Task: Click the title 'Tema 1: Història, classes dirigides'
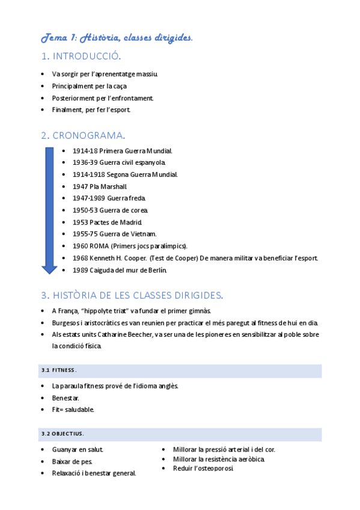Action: [117, 38]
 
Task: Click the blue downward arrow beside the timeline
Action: [49, 210]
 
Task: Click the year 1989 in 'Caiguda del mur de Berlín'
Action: [81, 270]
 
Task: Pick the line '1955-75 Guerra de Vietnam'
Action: [114, 234]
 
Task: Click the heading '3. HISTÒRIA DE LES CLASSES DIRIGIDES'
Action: [132, 295]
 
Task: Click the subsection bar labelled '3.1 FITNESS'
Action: [180, 370]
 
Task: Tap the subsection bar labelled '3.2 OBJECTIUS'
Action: [180, 434]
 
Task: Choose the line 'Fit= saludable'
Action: [73, 410]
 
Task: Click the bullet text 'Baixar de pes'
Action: [73, 461]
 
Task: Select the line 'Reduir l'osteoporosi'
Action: [203, 469]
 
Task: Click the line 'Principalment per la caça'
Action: [89, 86]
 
